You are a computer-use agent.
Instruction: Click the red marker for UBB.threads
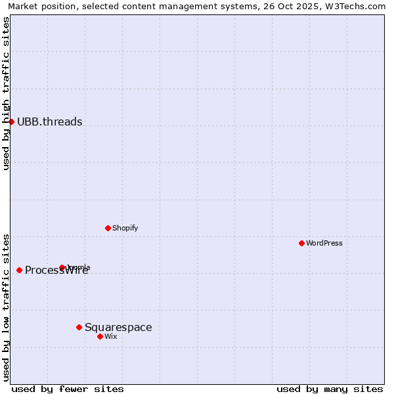point(11,121)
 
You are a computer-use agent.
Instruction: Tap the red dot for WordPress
point(301,243)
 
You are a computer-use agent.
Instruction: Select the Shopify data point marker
point(108,228)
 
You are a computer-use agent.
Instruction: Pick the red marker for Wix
point(100,336)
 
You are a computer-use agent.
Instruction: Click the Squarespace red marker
point(79,327)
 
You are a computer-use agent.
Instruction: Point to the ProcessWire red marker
point(19,270)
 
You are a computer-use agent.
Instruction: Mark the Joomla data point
point(62,267)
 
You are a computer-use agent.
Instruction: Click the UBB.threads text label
point(49,121)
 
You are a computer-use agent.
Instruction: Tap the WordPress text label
point(324,243)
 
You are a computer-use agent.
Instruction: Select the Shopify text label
point(125,228)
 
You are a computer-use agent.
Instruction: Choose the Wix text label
point(111,336)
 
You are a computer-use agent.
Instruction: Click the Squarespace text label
point(118,327)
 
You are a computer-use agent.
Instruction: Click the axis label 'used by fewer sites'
point(68,389)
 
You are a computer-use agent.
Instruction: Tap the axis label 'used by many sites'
point(330,389)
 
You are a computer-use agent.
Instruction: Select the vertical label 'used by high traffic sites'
point(7,93)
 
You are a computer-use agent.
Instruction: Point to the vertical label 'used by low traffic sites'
point(7,307)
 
